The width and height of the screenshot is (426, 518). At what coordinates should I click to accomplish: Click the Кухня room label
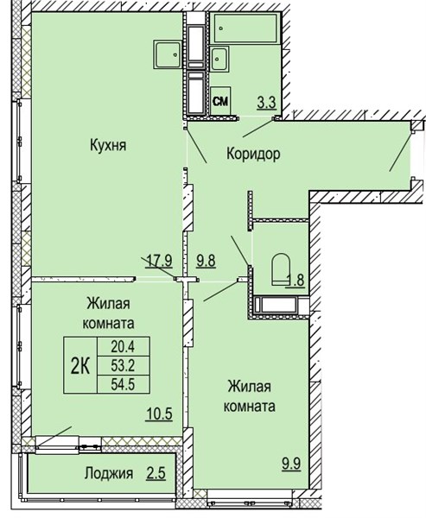coord(108,145)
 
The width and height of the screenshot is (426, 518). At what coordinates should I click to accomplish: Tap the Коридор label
coord(253,154)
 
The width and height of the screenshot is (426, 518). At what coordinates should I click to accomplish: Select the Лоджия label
coord(109,473)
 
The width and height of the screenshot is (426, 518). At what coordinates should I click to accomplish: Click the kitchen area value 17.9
coord(159,261)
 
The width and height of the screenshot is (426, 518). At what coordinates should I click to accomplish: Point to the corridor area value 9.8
coord(206,261)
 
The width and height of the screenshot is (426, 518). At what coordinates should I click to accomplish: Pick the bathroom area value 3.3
coord(267,103)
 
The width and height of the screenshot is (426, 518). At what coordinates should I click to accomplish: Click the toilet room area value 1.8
coord(296,281)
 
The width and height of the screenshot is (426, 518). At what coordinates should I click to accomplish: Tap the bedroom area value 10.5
coord(159,414)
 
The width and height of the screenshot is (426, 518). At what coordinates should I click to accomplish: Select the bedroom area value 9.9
coord(291,464)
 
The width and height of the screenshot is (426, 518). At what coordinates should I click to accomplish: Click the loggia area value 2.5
coord(156,473)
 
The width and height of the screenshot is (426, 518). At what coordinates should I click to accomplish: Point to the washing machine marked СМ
coord(220,100)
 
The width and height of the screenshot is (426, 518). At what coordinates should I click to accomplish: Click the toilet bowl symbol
coord(281,269)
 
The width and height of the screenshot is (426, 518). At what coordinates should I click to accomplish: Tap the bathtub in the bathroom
coord(245,28)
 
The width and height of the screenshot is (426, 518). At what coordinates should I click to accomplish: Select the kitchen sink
coord(168,54)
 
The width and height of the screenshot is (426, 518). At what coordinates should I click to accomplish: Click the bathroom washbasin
coord(219,59)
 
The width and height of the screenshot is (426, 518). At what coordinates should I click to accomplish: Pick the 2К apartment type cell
coord(80,365)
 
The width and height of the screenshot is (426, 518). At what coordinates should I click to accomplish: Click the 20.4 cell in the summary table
coord(124,346)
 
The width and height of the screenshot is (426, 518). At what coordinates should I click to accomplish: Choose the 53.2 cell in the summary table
coord(124,365)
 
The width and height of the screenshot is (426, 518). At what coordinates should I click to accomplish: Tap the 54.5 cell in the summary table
coord(124,384)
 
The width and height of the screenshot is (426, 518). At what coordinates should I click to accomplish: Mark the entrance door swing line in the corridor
coord(401,152)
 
